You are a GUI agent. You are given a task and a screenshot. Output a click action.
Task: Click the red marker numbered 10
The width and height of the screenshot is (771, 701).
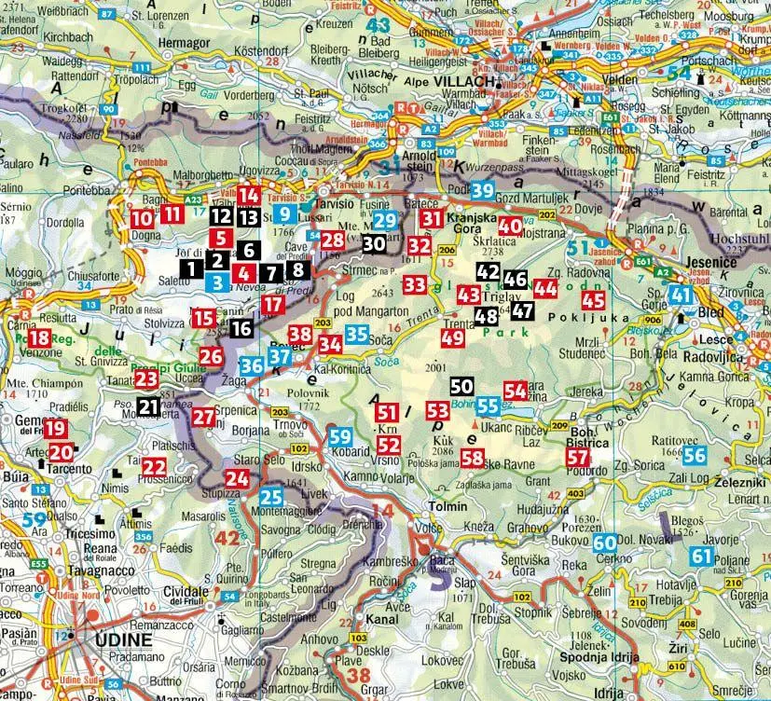point(141,220)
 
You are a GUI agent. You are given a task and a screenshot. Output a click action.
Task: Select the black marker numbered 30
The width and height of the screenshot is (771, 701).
point(373,243)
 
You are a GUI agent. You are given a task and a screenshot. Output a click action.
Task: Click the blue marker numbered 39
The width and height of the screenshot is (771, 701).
point(481,191)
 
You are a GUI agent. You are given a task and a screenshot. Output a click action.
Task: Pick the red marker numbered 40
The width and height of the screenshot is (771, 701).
point(510,226)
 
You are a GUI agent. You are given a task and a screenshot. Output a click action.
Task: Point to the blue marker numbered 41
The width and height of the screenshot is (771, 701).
point(682,295)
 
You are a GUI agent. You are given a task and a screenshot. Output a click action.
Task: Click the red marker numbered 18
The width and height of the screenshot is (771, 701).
point(39,339)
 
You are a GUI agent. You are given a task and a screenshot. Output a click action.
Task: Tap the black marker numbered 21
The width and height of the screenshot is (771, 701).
point(147,405)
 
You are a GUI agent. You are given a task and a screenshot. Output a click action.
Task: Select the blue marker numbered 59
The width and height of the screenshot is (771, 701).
point(340,435)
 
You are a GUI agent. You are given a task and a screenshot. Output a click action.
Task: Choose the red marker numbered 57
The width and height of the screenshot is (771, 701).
point(578,457)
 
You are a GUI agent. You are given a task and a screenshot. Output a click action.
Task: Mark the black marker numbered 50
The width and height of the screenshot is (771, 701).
point(461,386)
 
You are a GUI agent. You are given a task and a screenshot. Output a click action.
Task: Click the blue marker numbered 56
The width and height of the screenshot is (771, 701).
point(694,455)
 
